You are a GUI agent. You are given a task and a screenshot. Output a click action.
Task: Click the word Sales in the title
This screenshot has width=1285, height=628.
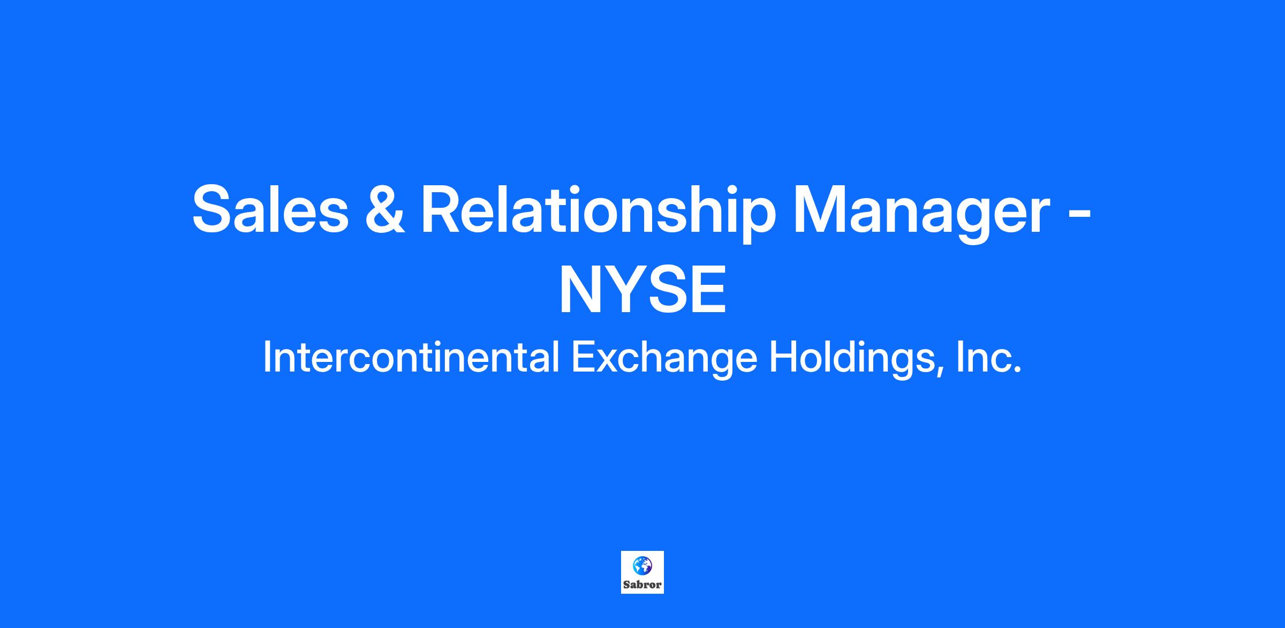[x=270, y=209]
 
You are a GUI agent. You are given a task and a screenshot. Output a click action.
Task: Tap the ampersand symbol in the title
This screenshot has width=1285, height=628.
[x=385, y=209]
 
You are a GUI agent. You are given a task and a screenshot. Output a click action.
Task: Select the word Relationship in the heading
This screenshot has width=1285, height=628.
[x=599, y=213]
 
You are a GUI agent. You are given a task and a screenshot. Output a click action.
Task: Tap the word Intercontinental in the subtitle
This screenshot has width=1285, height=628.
[x=411, y=358]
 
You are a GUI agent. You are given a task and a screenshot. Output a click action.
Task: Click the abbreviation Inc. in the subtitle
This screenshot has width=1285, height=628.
[x=989, y=358]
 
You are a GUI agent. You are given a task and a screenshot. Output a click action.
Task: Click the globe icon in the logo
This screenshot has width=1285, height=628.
[x=642, y=565]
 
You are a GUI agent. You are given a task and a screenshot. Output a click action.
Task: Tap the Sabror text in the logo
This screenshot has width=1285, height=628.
[x=642, y=585]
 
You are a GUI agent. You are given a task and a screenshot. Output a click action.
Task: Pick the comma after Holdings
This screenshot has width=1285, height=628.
[x=941, y=373]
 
